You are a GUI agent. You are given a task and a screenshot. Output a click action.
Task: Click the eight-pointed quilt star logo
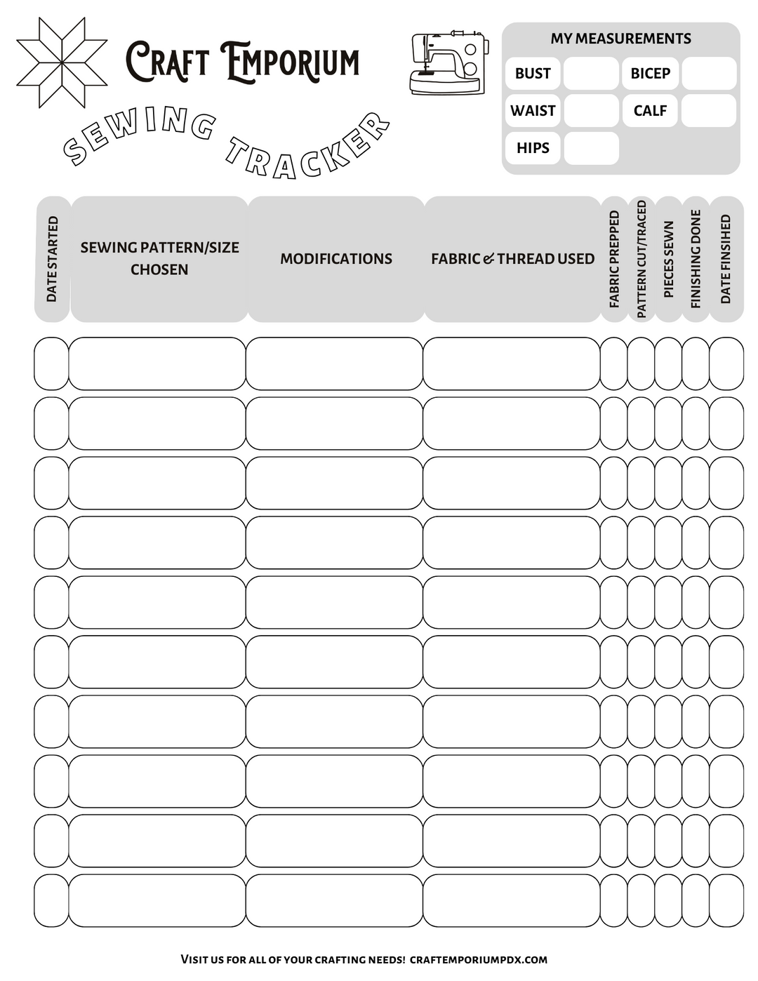62,63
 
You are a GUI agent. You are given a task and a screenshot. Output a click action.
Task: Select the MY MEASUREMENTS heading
620,39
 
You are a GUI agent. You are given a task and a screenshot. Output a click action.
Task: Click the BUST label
533,74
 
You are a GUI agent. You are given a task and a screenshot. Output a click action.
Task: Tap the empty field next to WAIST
591,111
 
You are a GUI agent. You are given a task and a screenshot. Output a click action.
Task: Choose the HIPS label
533,148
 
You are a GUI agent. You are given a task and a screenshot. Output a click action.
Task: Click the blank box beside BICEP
709,74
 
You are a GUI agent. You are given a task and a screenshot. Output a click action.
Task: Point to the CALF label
650,111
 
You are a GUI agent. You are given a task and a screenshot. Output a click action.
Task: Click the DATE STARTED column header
52,259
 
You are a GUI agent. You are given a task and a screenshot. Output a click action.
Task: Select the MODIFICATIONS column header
336,259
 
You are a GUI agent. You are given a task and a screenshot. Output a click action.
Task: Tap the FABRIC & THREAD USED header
512,259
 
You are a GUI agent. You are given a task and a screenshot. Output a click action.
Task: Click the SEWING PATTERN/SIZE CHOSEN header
159,258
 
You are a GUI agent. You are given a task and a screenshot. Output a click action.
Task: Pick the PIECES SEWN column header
668,259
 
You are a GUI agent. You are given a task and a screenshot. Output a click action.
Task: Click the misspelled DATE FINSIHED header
726,259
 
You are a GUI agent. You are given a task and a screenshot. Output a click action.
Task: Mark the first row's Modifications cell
334,363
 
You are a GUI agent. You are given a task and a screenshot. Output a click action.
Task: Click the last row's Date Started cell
51,900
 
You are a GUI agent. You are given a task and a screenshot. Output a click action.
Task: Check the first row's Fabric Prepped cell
613,363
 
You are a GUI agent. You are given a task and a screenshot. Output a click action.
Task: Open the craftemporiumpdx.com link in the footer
478,959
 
